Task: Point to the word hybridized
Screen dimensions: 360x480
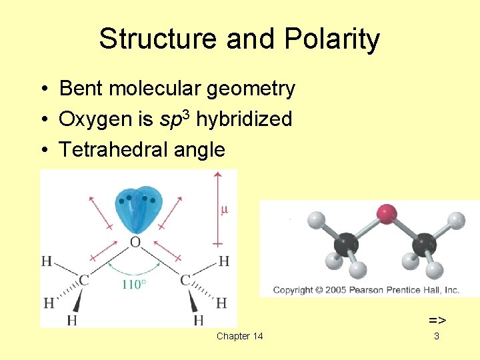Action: (x=244, y=119)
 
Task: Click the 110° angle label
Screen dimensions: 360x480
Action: (x=133, y=285)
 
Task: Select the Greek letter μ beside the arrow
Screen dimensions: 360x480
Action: (x=224, y=209)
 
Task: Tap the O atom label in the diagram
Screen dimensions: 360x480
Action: (x=135, y=242)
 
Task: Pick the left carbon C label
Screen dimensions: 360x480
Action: (x=84, y=281)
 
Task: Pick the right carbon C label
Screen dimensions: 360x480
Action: (x=185, y=281)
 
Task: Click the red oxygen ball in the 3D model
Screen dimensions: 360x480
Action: (x=387, y=215)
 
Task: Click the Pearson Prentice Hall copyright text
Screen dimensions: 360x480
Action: (x=366, y=290)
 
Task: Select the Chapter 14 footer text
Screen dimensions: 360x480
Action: (x=239, y=336)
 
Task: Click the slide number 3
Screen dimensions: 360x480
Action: (x=437, y=336)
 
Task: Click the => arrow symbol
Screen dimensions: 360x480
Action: (x=437, y=321)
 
